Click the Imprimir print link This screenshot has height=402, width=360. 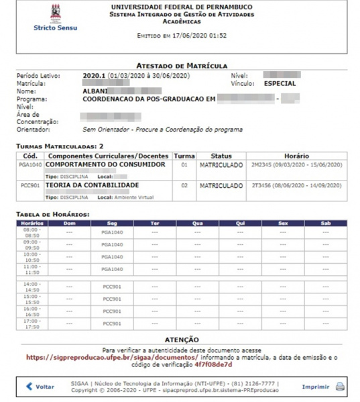[x=315, y=387]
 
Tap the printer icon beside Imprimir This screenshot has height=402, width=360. [x=340, y=387]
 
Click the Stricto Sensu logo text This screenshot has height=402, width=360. [x=55, y=28]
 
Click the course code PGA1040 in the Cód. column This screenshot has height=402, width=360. [x=30, y=164]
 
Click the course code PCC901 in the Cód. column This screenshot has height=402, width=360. [x=30, y=185]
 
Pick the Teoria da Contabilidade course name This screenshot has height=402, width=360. [x=92, y=185]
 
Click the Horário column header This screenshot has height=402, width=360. [x=296, y=156]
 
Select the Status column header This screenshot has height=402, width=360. [x=221, y=156]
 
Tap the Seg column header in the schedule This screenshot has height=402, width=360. [x=112, y=223]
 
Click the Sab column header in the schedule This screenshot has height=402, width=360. [x=326, y=223]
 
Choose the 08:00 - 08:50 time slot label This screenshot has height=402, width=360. [x=32, y=232]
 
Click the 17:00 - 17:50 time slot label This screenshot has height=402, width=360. [x=32, y=323]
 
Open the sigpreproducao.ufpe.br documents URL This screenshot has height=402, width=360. [x=97, y=358]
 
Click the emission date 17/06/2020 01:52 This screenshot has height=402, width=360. [x=200, y=35]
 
